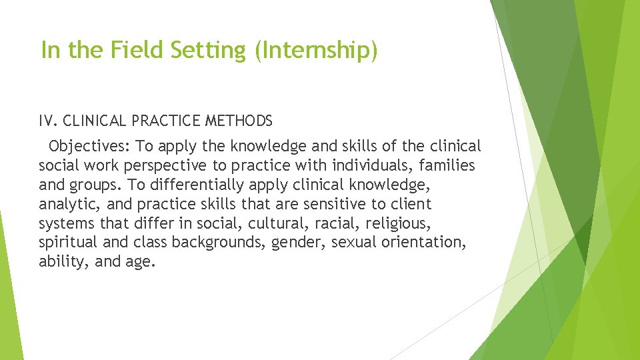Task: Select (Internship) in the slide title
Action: point(315,51)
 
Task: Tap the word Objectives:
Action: point(90,146)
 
